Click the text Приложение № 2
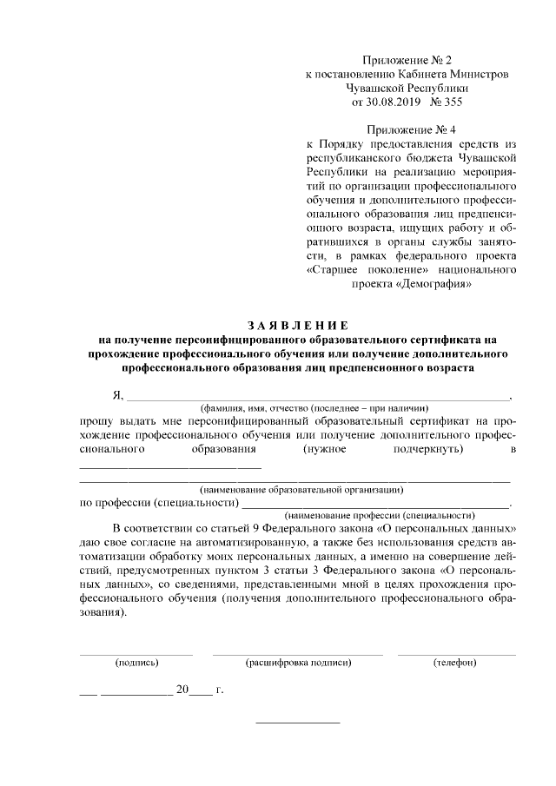[407, 60]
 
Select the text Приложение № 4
[407, 129]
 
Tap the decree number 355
[453, 102]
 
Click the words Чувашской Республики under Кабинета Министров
[407, 88]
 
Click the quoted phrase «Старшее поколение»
[358, 269]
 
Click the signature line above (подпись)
[136, 652]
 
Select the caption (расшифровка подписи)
[298, 663]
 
